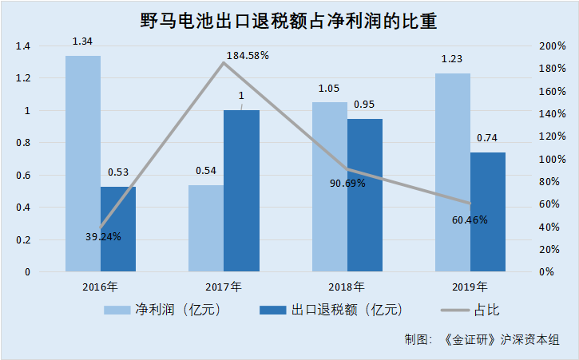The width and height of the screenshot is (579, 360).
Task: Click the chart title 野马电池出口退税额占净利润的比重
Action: coord(289,18)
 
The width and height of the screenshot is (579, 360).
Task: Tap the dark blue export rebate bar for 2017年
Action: coord(241,191)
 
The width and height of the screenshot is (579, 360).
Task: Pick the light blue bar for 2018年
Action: coord(329,187)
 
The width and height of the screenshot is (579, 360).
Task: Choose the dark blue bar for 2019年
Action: coord(487,212)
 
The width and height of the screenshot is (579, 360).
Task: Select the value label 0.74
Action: coord(487,138)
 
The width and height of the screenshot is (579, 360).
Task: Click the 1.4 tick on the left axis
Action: coord(22,46)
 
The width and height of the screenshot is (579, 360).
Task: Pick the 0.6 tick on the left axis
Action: coord(22,176)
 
